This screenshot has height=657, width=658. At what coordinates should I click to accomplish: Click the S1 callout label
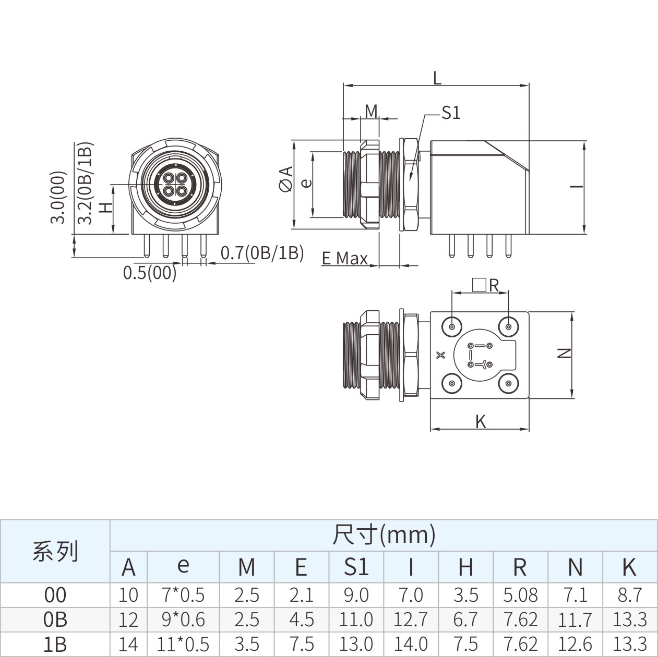point(451,113)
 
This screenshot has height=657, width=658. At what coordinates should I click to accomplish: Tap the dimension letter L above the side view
point(437,78)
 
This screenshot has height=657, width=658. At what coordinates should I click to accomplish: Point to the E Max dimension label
point(344,258)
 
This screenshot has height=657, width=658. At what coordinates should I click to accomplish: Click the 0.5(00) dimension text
point(150,273)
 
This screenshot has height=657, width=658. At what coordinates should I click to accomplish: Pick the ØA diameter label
point(286,178)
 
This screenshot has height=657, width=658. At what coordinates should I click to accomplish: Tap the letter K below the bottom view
point(481,422)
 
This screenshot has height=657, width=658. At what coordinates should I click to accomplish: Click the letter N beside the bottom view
point(564,353)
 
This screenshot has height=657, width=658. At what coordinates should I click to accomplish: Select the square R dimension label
point(486,285)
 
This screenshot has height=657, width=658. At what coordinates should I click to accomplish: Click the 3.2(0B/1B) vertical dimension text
point(85,183)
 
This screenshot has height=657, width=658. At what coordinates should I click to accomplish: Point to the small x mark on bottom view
point(441,355)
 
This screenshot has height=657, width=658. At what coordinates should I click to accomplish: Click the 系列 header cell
point(55,552)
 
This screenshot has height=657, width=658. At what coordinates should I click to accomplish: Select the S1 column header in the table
point(356,567)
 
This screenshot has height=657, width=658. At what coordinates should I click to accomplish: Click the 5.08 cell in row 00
point(520,595)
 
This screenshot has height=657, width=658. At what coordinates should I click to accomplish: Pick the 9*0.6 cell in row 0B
point(183,619)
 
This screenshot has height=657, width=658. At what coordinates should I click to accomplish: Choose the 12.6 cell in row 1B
point(575,644)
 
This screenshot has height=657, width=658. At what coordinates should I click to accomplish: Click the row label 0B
point(55,619)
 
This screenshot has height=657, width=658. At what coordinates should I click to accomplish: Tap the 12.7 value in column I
point(411,619)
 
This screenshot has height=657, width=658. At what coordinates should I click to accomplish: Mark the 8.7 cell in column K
point(630,595)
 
